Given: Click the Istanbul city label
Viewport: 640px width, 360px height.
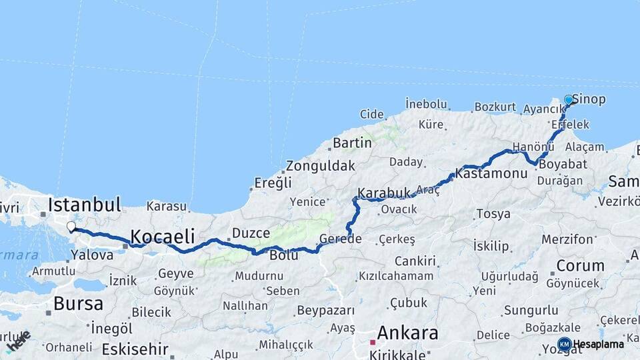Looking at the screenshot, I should [84, 204].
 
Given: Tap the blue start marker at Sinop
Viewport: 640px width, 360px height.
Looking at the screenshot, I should [569, 100].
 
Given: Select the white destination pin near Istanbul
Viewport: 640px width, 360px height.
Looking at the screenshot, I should [71, 227].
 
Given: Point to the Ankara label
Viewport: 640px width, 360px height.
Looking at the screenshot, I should [408, 333].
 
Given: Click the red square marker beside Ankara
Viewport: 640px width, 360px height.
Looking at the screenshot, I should [373, 342].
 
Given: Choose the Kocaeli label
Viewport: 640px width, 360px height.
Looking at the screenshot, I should [163, 236].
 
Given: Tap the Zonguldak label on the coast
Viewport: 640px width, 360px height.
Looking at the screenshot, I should [320, 166].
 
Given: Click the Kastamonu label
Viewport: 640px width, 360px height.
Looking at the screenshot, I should [492, 173].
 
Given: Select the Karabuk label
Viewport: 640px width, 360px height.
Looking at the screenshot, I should [384, 193].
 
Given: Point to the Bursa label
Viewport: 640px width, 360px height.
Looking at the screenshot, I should [78, 304].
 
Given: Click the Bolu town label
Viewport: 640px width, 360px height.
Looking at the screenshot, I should [283, 254].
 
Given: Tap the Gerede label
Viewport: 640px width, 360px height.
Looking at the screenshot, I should [340, 239].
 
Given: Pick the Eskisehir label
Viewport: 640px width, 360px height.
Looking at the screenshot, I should [135, 349].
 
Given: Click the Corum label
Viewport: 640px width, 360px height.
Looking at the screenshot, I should [580, 265].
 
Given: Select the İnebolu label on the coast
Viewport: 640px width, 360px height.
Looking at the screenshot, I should [426, 103].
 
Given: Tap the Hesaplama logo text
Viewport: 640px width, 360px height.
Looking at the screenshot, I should [599, 344].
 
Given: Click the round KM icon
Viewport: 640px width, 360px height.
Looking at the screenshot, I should [565, 344].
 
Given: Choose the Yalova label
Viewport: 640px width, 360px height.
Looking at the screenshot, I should [92, 255].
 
